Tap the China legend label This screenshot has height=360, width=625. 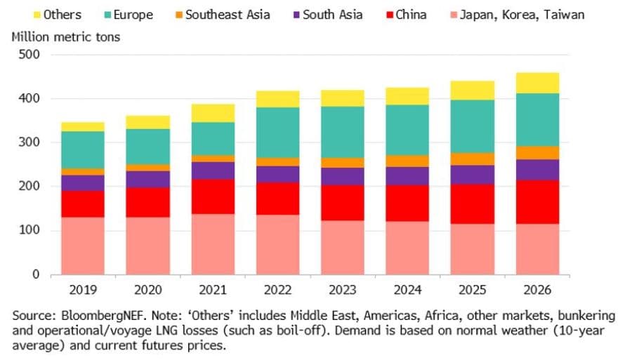(x=411, y=14)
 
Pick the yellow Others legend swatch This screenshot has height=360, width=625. (x=37, y=14)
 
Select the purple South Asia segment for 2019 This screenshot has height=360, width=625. (x=83, y=182)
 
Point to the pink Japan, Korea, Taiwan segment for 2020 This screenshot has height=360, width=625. (x=148, y=246)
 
